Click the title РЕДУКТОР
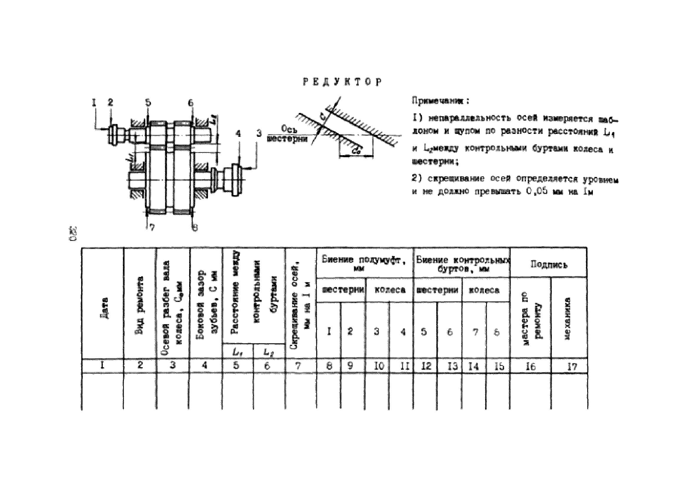coord(342,82)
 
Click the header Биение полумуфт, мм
coord(364,263)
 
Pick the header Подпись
coord(548,264)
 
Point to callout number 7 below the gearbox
coord(152,228)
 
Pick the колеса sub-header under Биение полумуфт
coord(390,290)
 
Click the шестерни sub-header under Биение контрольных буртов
coord(437,290)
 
